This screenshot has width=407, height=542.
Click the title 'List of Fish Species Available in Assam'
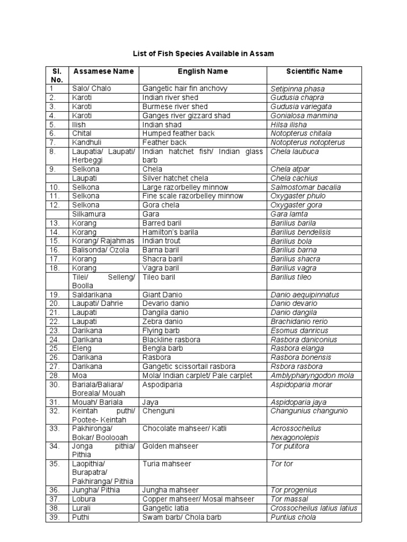(x=203, y=54)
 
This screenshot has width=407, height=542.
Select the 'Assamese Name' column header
(x=103, y=71)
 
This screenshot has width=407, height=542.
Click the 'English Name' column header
(x=203, y=71)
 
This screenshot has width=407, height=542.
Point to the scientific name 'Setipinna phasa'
(x=297, y=89)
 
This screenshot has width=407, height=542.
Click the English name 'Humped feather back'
(x=178, y=133)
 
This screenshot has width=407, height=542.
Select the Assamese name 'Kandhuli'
(x=87, y=142)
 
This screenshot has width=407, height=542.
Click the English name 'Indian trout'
(x=162, y=241)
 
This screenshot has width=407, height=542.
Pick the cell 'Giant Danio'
(x=162, y=295)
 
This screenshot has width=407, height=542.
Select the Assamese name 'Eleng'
(x=82, y=349)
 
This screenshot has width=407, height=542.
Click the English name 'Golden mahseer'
(x=170, y=446)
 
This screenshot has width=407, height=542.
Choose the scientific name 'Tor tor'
(x=281, y=464)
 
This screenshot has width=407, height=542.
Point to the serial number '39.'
(x=54, y=517)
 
